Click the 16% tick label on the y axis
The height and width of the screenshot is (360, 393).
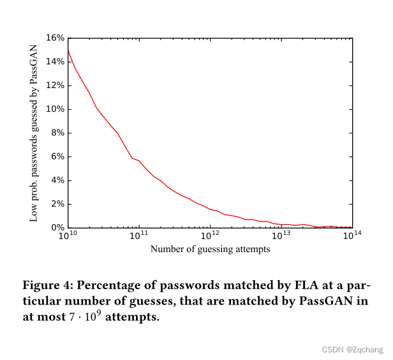(56, 38)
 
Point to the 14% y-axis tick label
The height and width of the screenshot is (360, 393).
(56, 62)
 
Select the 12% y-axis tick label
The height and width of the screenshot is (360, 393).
(56, 86)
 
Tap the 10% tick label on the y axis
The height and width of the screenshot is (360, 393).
(56, 109)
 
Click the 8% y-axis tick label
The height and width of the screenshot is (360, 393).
(57, 133)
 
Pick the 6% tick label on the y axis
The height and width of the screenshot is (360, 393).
(57, 157)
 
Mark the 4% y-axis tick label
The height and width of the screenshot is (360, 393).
(57, 181)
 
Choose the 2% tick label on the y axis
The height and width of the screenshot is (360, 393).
(57, 204)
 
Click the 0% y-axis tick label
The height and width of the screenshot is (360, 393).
(57, 228)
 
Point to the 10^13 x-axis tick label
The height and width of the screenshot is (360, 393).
(281, 237)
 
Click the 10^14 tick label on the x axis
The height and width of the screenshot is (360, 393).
(352, 237)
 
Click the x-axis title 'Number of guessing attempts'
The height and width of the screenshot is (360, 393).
(210, 249)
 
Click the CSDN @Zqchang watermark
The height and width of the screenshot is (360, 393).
(353, 349)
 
